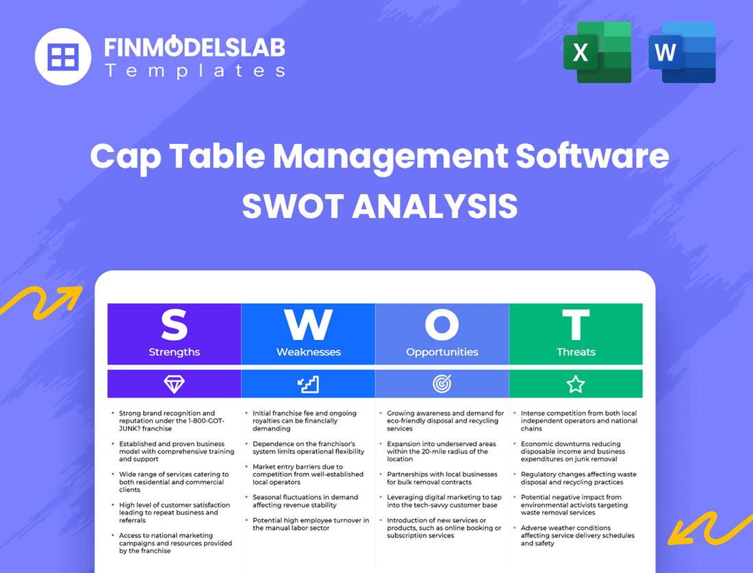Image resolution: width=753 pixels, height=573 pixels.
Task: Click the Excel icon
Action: point(597,52)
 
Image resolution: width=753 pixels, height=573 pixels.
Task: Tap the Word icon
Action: point(682,52)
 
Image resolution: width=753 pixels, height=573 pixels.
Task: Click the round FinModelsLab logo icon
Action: point(63,56)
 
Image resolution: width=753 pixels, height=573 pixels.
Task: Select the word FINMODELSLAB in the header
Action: point(194,47)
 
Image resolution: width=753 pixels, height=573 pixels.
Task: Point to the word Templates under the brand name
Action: point(194,71)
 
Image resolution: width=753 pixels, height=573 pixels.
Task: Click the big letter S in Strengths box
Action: point(174,326)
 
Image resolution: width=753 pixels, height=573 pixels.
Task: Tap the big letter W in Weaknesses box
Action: point(308,326)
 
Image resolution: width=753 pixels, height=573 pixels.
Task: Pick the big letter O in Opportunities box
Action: point(442,326)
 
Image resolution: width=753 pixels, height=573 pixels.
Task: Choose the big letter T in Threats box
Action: point(576,326)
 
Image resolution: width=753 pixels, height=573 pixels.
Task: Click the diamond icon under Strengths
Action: point(174,385)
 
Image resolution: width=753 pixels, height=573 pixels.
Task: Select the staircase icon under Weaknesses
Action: point(308,385)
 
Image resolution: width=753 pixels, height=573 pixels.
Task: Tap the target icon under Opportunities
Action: point(442,385)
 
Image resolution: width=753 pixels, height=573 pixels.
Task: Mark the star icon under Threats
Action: point(576,385)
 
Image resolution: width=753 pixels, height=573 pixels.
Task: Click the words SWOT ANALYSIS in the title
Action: point(379,206)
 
